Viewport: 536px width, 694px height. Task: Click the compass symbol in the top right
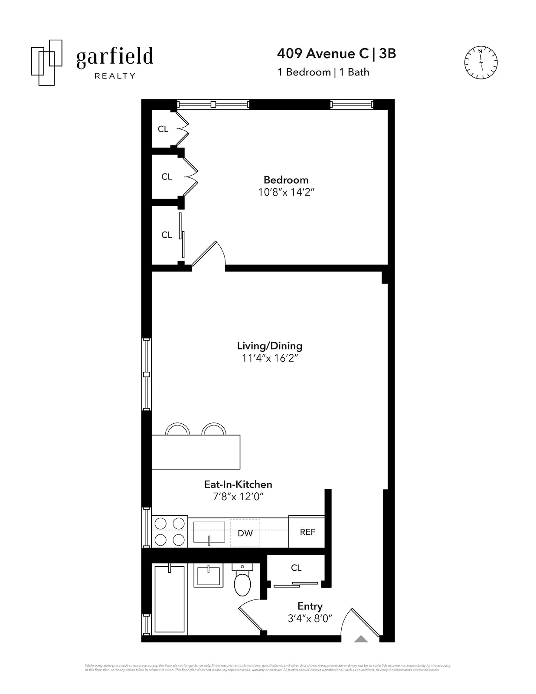click(x=480, y=63)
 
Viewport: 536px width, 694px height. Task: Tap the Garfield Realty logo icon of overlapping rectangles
click(x=46, y=62)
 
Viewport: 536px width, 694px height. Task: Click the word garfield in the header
click(x=114, y=57)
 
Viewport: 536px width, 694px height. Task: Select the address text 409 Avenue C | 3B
click(x=336, y=53)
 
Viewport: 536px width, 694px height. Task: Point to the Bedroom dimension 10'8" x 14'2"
click(x=286, y=192)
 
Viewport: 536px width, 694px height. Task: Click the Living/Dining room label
click(x=269, y=346)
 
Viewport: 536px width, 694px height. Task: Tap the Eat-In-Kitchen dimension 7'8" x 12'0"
click(x=238, y=497)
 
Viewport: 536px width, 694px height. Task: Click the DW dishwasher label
click(x=245, y=533)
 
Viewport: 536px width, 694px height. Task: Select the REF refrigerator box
click(x=307, y=532)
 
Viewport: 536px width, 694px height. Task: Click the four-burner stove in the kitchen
click(x=170, y=532)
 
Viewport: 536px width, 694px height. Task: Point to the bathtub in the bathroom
click(x=170, y=599)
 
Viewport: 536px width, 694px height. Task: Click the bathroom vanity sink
click(x=209, y=576)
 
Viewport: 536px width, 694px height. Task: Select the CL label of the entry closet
click(x=296, y=568)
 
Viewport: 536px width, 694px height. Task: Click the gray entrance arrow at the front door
click(x=361, y=639)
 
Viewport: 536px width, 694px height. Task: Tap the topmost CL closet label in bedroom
click(x=163, y=129)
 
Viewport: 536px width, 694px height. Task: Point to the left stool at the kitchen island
click(x=178, y=429)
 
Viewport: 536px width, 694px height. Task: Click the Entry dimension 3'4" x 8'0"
click(x=310, y=619)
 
